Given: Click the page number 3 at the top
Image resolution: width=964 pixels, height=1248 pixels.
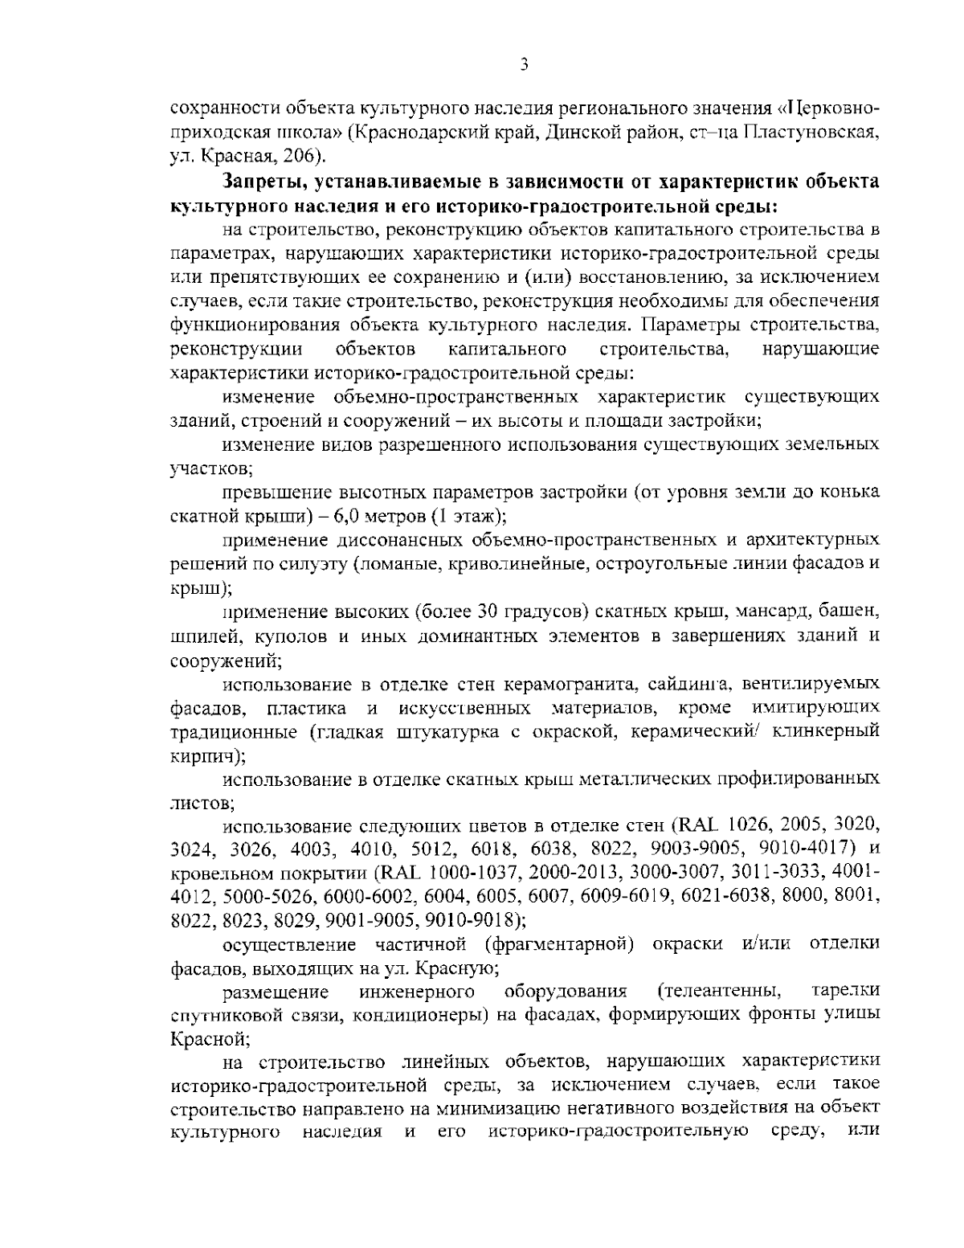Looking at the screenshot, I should pyautogui.click(x=523, y=65).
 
